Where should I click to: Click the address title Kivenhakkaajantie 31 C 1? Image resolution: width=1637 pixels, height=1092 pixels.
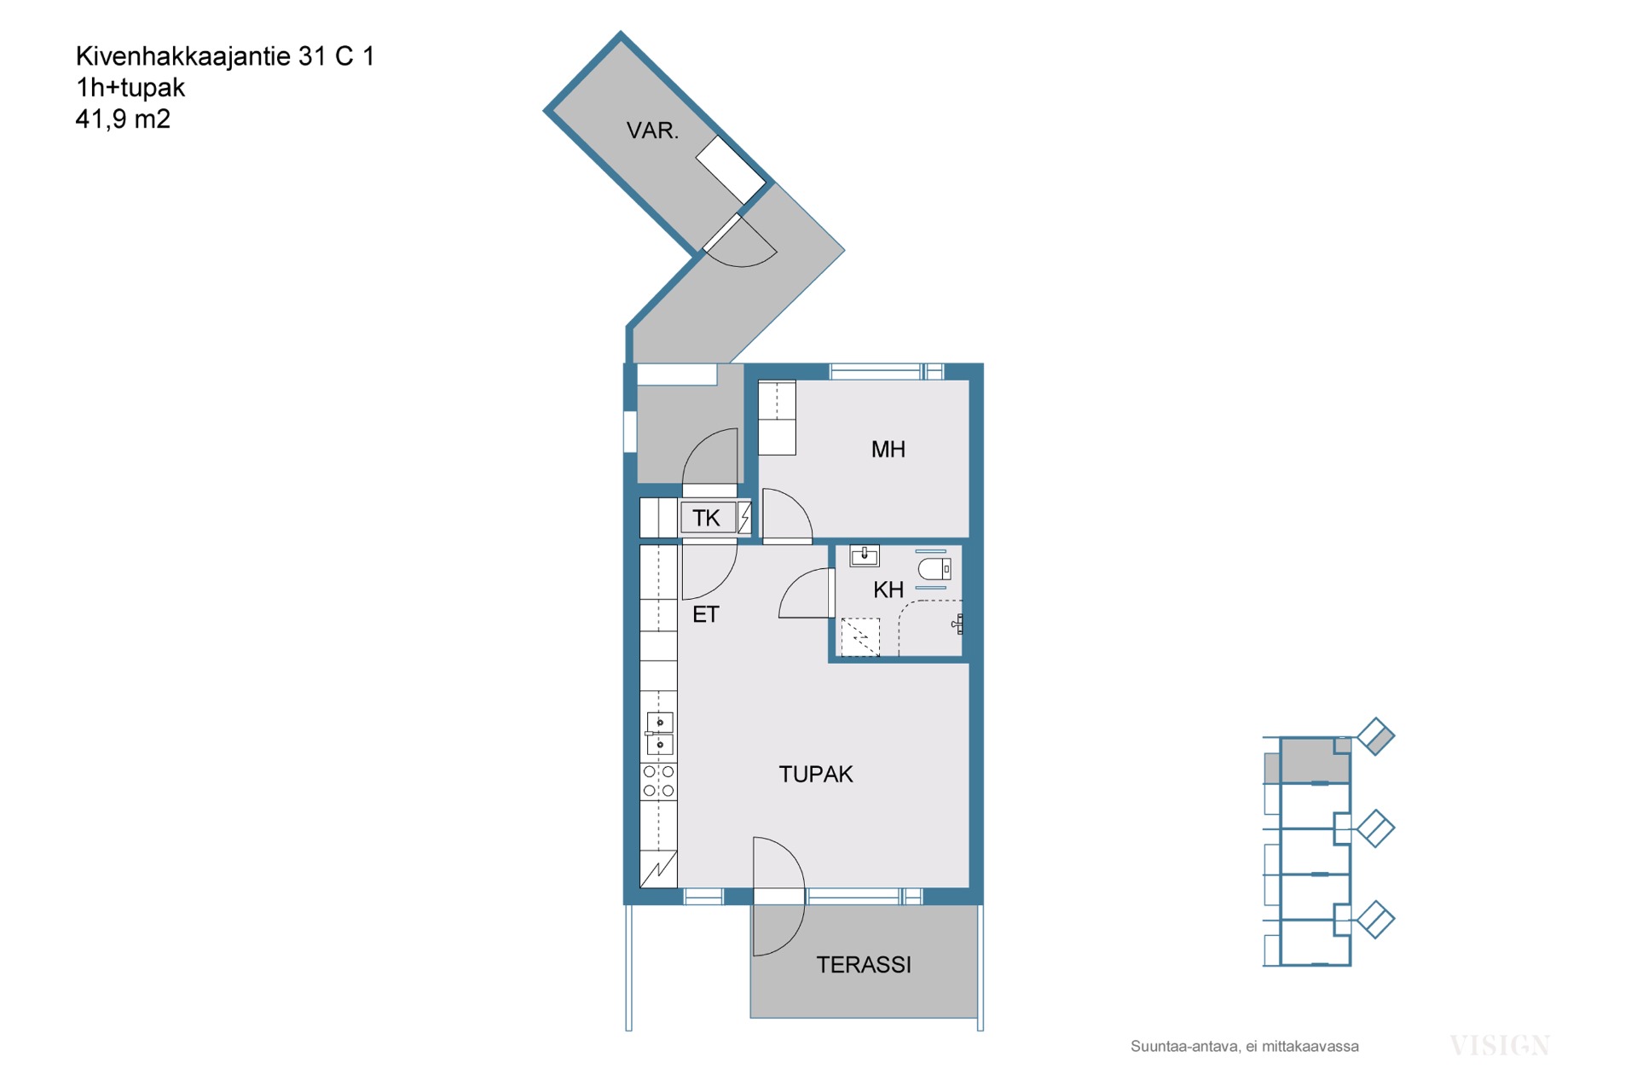(x=225, y=56)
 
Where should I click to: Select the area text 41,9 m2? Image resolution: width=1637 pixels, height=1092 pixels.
(x=123, y=119)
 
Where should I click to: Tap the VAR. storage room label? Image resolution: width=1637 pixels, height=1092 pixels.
(x=652, y=131)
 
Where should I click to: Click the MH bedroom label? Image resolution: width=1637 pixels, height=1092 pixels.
(x=888, y=450)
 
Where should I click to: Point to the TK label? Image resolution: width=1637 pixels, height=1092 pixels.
(x=706, y=518)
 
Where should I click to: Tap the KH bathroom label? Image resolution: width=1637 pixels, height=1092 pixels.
(x=888, y=590)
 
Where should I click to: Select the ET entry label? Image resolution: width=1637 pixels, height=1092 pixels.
(x=705, y=614)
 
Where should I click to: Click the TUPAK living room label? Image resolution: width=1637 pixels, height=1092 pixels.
(x=816, y=774)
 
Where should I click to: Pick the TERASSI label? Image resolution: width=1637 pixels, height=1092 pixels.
(x=864, y=965)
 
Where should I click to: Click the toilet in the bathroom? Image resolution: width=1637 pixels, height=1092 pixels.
(x=934, y=569)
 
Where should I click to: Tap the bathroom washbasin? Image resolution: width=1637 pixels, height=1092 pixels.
(x=865, y=556)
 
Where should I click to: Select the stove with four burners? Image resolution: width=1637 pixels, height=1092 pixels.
(x=658, y=781)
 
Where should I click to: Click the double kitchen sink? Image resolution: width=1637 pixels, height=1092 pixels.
(x=659, y=734)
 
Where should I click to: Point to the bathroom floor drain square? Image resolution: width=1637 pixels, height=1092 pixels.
(x=860, y=637)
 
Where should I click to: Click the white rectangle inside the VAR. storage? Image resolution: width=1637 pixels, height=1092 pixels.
(x=731, y=170)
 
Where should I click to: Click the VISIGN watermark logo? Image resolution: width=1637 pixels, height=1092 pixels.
(x=1500, y=1046)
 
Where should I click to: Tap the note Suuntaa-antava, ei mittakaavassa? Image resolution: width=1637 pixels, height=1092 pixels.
(x=1245, y=1047)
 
